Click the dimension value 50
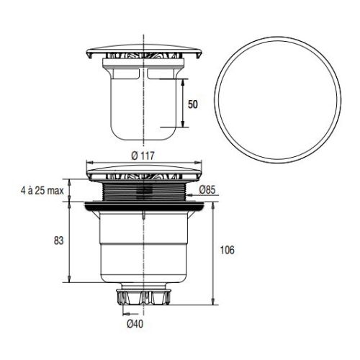click(192, 104)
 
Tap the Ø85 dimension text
click(207, 190)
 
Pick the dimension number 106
click(226, 250)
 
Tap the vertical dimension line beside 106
click(215, 252)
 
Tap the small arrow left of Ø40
click(127, 313)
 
